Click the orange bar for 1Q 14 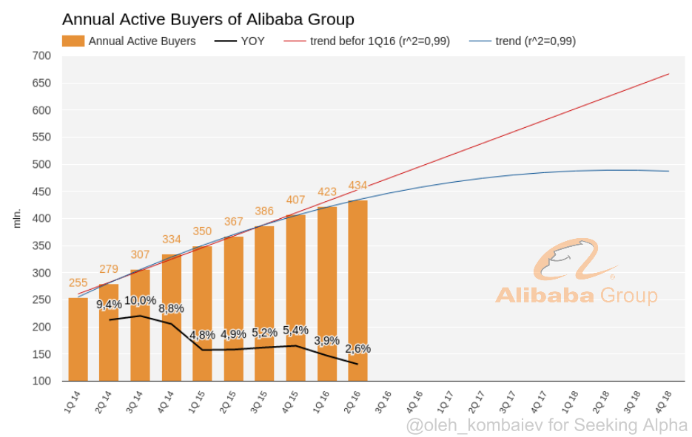pyautogui.click(x=78, y=339)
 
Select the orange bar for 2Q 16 pyautogui.click(x=357, y=291)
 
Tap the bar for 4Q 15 pyautogui.click(x=296, y=298)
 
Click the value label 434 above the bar pyautogui.click(x=357, y=186)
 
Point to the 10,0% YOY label pyautogui.click(x=141, y=301)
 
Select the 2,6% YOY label pyautogui.click(x=357, y=349)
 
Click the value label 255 pyautogui.click(x=78, y=282)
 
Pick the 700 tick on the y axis pyautogui.click(x=41, y=56)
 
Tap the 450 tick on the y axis pyautogui.click(x=41, y=192)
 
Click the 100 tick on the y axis pyautogui.click(x=41, y=381)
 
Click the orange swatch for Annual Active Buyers pyautogui.click(x=73, y=41)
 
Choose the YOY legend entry pyautogui.click(x=239, y=41)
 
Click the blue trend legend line pyautogui.click(x=480, y=41)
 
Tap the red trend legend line pyautogui.click(x=295, y=41)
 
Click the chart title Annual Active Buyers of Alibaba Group pyautogui.click(x=208, y=19)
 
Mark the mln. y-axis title pyautogui.click(x=17, y=219)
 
